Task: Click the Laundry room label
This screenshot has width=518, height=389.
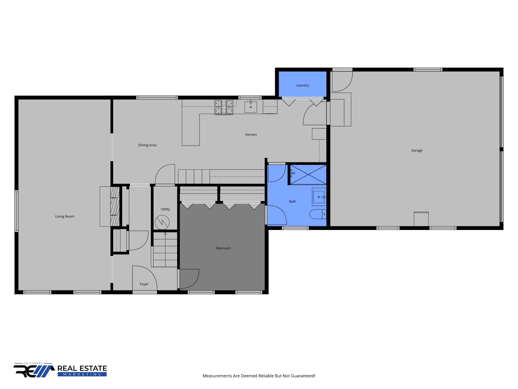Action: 303,85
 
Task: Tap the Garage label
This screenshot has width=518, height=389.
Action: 417,150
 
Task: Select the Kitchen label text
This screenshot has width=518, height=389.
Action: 251,135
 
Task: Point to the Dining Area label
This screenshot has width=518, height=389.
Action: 147,145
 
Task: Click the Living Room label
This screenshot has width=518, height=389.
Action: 65,217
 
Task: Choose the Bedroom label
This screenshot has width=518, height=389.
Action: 223,248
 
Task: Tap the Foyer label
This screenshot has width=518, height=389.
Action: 144,284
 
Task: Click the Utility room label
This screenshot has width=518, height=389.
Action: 165,209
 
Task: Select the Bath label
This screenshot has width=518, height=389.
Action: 292,202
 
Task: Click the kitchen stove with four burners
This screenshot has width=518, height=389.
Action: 224,107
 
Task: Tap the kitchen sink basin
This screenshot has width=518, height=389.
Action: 251,107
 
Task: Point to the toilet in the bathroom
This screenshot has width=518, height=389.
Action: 318,214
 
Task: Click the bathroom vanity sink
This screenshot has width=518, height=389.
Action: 319,197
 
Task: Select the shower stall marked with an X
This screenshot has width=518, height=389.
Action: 308,174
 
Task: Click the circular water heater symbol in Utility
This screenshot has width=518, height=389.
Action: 162,222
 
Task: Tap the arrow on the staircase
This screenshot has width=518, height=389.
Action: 165,234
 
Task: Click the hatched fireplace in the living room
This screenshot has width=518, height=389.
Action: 115,206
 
